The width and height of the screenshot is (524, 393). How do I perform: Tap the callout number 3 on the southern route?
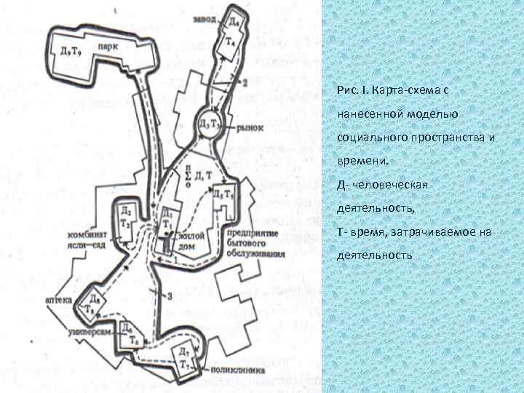pos(169,295)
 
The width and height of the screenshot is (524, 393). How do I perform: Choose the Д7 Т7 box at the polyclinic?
pos(186,358)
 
